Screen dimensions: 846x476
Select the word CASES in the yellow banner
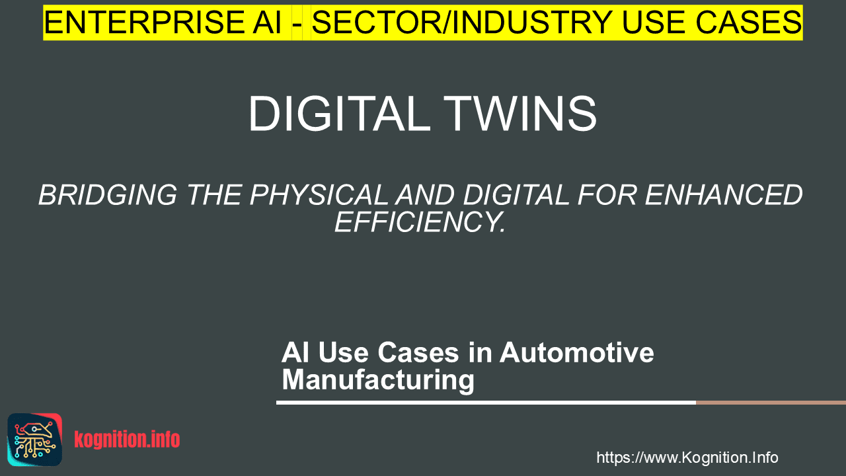pyautogui.click(x=749, y=22)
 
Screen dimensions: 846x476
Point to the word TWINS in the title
pyautogui.click(x=520, y=113)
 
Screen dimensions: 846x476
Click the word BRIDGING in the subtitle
pyautogui.click(x=108, y=195)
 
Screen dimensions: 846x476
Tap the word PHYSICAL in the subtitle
pyautogui.click(x=319, y=195)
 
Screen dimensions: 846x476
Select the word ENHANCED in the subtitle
pyautogui.click(x=724, y=195)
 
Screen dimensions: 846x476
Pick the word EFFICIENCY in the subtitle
pyautogui.click(x=420, y=221)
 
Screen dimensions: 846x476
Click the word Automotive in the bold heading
pyautogui.click(x=577, y=352)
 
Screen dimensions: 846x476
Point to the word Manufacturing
pyautogui.click(x=378, y=379)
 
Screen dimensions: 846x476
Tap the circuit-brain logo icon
pyautogui.click(x=35, y=440)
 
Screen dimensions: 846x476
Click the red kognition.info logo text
pyautogui.click(x=127, y=439)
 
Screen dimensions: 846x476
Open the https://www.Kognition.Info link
pyautogui.click(x=687, y=457)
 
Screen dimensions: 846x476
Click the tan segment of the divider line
pyautogui.click(x=771, y=403)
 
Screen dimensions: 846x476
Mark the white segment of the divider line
pyautogui.click(x=486, y=403)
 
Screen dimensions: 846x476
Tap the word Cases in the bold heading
pyautogui.click(x=418, y=352)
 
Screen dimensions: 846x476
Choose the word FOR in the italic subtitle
pyautogui.click(x=607, y=195)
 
